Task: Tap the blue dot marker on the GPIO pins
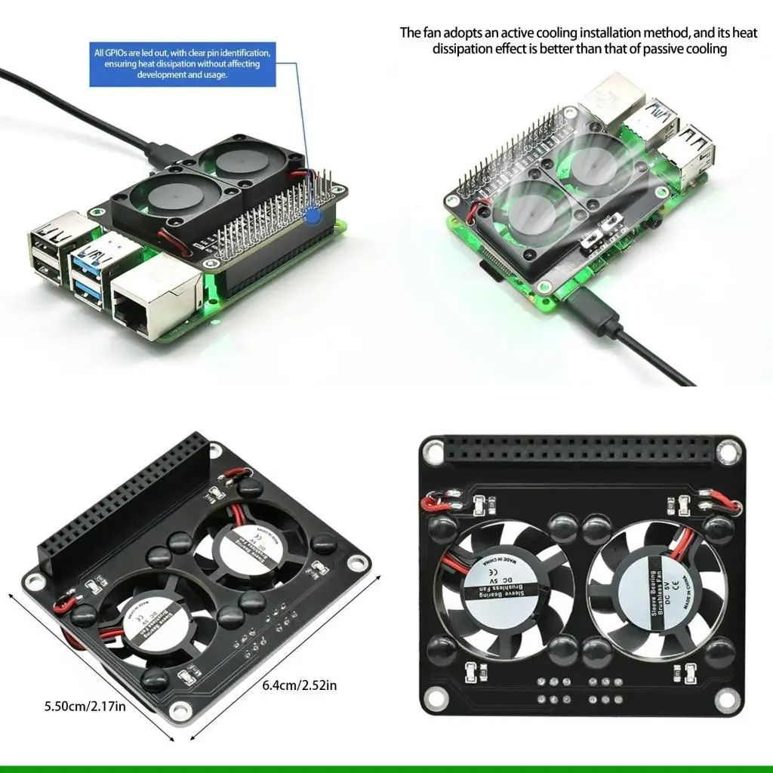tap(312, 215)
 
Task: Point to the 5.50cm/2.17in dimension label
tap(85, 707)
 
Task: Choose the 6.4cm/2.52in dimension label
tap(300, 685)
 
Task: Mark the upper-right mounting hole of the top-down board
tap(726, 453)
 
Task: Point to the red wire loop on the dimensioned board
tap(62, 604)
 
